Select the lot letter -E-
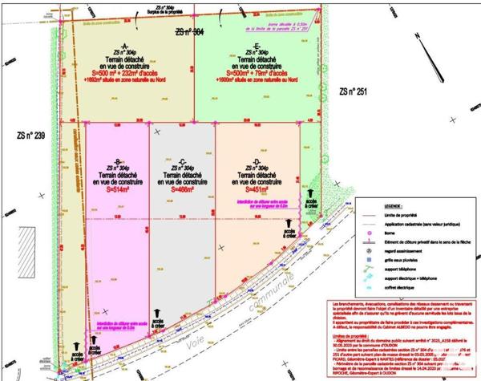click(257, 46)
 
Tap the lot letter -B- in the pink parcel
click(117, 161)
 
